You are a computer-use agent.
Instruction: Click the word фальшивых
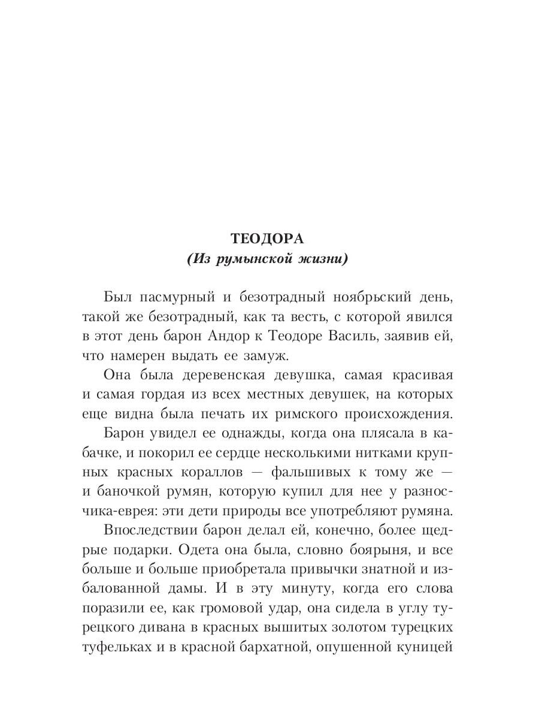311,472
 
